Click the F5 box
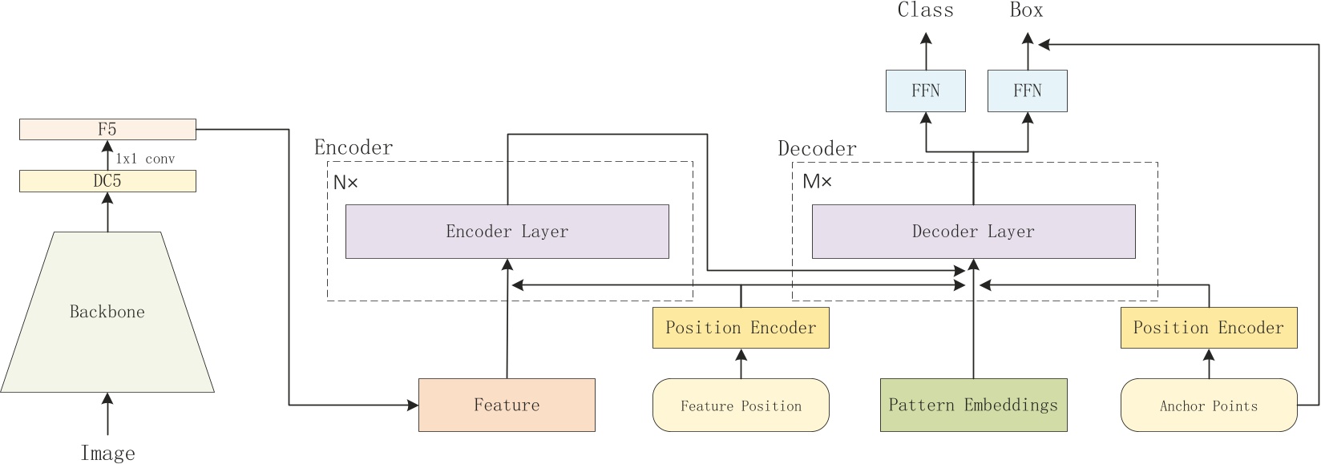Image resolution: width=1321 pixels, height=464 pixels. (x=107, y=129)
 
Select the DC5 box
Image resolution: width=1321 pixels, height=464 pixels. (x=107, y=181)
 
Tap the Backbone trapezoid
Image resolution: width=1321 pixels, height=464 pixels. (x=107, y=312)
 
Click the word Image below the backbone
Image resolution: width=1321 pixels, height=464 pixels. (x=107, y=453)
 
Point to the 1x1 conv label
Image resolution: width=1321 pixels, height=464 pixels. (x=145, y=159)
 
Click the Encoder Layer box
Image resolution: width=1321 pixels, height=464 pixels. (x=507, y=232)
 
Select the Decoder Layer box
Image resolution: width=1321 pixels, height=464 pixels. (x=973, y=232)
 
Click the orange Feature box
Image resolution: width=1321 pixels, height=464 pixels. (x=507, y=405)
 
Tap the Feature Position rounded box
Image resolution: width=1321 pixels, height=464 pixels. (x=741, y=405)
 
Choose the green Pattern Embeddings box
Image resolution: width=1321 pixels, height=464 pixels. (x=973, y=405)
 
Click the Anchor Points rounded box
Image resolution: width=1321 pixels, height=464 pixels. (x=1208, y=405)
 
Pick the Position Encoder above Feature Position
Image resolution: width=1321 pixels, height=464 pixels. (x=741, y=328)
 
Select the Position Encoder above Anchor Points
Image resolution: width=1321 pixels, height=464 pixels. (x=1208, y=328)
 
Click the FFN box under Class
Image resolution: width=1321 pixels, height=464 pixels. (x=925, y=91)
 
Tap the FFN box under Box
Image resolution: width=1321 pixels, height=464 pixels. (x=1027, y=91)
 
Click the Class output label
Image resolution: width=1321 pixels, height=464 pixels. (x=925, y=10)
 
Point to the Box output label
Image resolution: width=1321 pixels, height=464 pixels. (x=1026, y=10)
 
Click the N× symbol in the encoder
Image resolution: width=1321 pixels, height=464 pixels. (x=345, y=183)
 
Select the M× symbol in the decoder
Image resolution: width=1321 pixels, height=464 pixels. (x=817, y=182)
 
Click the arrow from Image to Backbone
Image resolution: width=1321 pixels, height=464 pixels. (x=107, y=414)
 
